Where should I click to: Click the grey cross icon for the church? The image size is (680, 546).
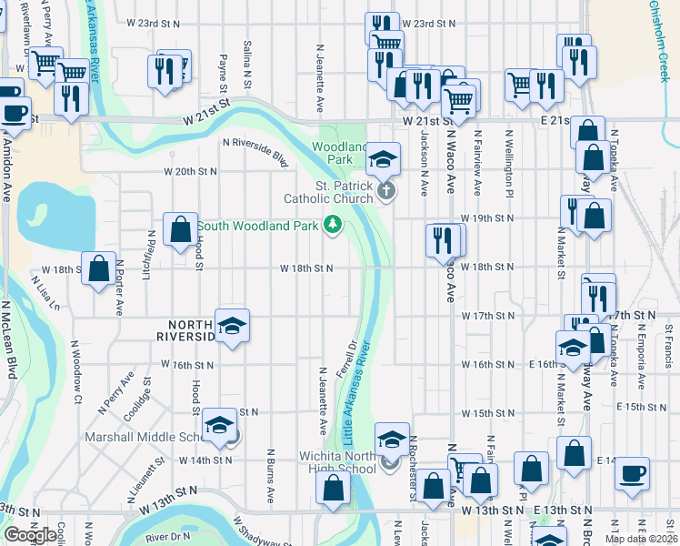click(x=386, y=191)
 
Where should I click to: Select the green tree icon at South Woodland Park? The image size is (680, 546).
click(x=334, y=225)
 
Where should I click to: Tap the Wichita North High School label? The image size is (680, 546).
click(x=338, y=462)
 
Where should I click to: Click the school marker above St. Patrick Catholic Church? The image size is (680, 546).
click(x=384, y=161)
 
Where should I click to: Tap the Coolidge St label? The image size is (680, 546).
click(x=146, y=400)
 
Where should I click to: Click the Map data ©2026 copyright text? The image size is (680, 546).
click(x=641, y=539)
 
